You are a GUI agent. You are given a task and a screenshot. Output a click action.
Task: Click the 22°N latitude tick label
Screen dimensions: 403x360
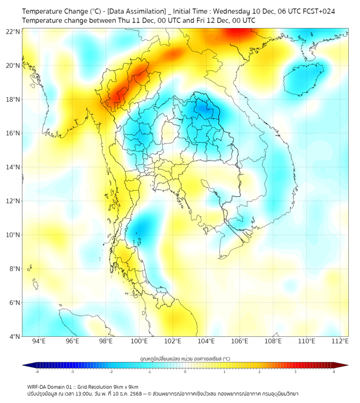click(13, 31)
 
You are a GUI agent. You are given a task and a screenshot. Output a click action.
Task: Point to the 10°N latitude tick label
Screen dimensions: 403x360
click(13, 235)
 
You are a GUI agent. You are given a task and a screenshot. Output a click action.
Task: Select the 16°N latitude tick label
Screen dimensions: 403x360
click(13, 133)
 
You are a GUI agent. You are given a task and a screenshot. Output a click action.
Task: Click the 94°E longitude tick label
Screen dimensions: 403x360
click(39, 341)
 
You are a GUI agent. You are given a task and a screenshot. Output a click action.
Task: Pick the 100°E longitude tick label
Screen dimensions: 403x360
click(140, 341)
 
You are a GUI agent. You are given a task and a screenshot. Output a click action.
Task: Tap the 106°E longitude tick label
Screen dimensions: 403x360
click(240, 341)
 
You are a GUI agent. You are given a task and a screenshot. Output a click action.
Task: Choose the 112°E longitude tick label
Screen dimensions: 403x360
click(340, 341)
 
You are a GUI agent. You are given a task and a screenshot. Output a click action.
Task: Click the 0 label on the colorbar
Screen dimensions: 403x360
click(185, 372)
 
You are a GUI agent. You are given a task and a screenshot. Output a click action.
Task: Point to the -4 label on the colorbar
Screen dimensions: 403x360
click(36, 372)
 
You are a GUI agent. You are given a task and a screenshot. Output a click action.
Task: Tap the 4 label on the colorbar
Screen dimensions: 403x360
click(334, 372)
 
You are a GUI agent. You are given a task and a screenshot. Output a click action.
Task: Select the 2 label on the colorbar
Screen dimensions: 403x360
click(259, 372)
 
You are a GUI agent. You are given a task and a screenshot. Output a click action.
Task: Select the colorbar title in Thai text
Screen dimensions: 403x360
click(185, 358)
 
